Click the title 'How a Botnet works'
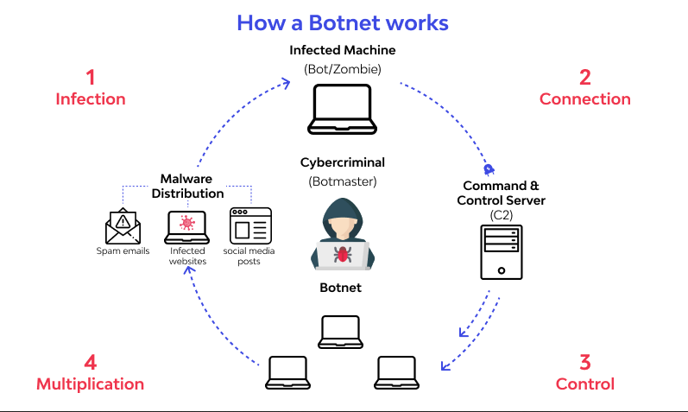[x=343, y=22]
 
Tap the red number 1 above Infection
[x=91, y=78]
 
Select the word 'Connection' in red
[x=585, y=98]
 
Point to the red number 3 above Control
[x=585, y=363]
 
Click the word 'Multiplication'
[x=90, y=383]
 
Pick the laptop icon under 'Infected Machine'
[x=342, y=110]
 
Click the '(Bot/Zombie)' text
[x=343, y=69]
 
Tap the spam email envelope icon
[x=123, y=225]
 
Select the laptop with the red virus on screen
[x=187, y=227]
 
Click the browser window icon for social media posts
[x=250, y=225]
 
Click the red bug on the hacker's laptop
[x=342, y=254]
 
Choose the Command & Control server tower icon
[x=502, y=252]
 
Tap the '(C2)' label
[x=501, y=215]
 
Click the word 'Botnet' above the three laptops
[x=340, y=288]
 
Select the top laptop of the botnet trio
[x=340, y=332]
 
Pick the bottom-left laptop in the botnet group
[x=287, y=372]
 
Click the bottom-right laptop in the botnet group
[x=396, y=372]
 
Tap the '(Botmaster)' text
[x=343, y=181]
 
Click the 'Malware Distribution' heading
[x=187, y=187]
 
